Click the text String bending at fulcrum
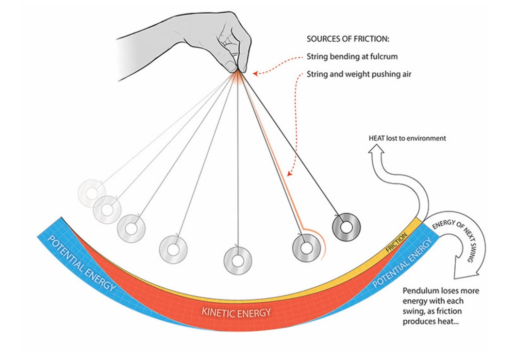pyautogui.click(x=352, y=56)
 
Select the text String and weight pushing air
pyautogui.click(x=360, y=74)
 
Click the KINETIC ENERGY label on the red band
pyautogui.click(x=236, y=312)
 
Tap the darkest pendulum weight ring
pyautogui.click(x=346, y=227)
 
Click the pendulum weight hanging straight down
pyautogui.click(x=237, y=260)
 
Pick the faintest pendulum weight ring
pyautogui.click(x=91, y=193)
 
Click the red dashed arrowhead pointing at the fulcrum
pyautogui.click(x=255, y=73)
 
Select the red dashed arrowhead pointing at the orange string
pyautogui.click(x=289, y=173)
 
